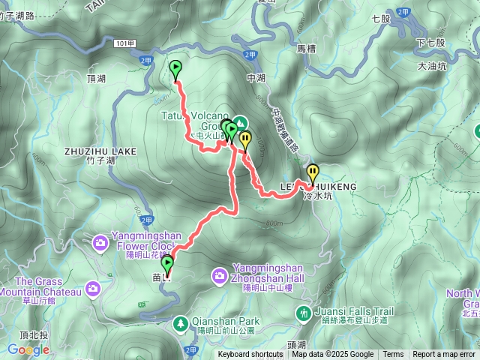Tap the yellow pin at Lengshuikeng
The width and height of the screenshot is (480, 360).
(x=312, y=173)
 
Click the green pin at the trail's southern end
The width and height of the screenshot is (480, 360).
(x=167, y=264)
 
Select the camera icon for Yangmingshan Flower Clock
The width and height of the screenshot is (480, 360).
(x=100, y=242)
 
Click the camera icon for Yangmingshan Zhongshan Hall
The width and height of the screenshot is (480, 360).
(x=220, y=276)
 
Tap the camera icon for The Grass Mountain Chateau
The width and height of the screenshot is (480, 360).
(x=92, y=287)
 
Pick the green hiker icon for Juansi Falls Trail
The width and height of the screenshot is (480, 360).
(x=304, y=312)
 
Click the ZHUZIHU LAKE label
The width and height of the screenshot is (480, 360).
(x=100, y=151)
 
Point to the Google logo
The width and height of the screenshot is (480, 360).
(x=28, y=349)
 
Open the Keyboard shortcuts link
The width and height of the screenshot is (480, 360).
(x=250, y=355)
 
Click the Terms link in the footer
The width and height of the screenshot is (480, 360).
(x=393, y=355)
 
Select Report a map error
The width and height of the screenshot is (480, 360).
(x=444, y=355)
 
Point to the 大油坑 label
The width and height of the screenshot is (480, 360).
(x=432, y=66)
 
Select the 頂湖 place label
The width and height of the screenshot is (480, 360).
(x=97, y=78)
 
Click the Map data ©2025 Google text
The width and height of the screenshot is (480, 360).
(x=332, y=355)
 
